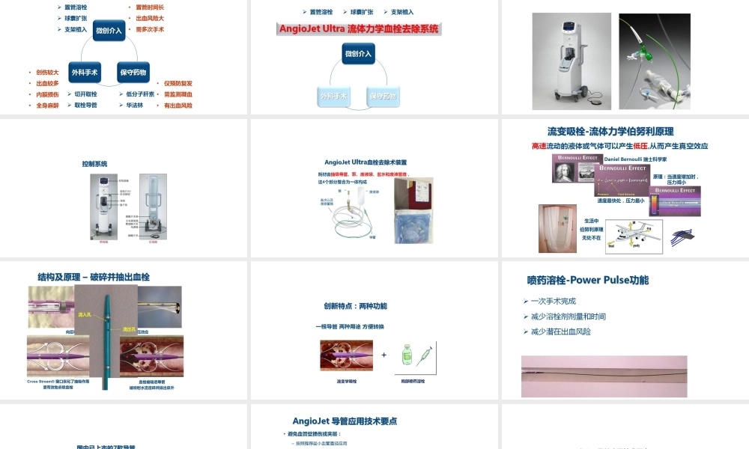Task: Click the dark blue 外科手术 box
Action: click(84, 73)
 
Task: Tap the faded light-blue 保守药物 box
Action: click(383, 96)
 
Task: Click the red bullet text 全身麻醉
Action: click(47, 106)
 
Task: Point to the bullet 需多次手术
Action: click(150, 29)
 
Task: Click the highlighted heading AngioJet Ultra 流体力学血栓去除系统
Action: click(358, 29)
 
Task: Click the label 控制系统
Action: click(94, 163)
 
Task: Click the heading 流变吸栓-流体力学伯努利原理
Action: click(621, 132)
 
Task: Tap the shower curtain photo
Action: click(557, 228)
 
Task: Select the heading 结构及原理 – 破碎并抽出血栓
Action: click(94, 277)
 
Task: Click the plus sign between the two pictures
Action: click(383, 354)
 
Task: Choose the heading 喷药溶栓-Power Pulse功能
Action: click(588, 281)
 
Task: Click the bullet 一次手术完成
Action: click(554, 301)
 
